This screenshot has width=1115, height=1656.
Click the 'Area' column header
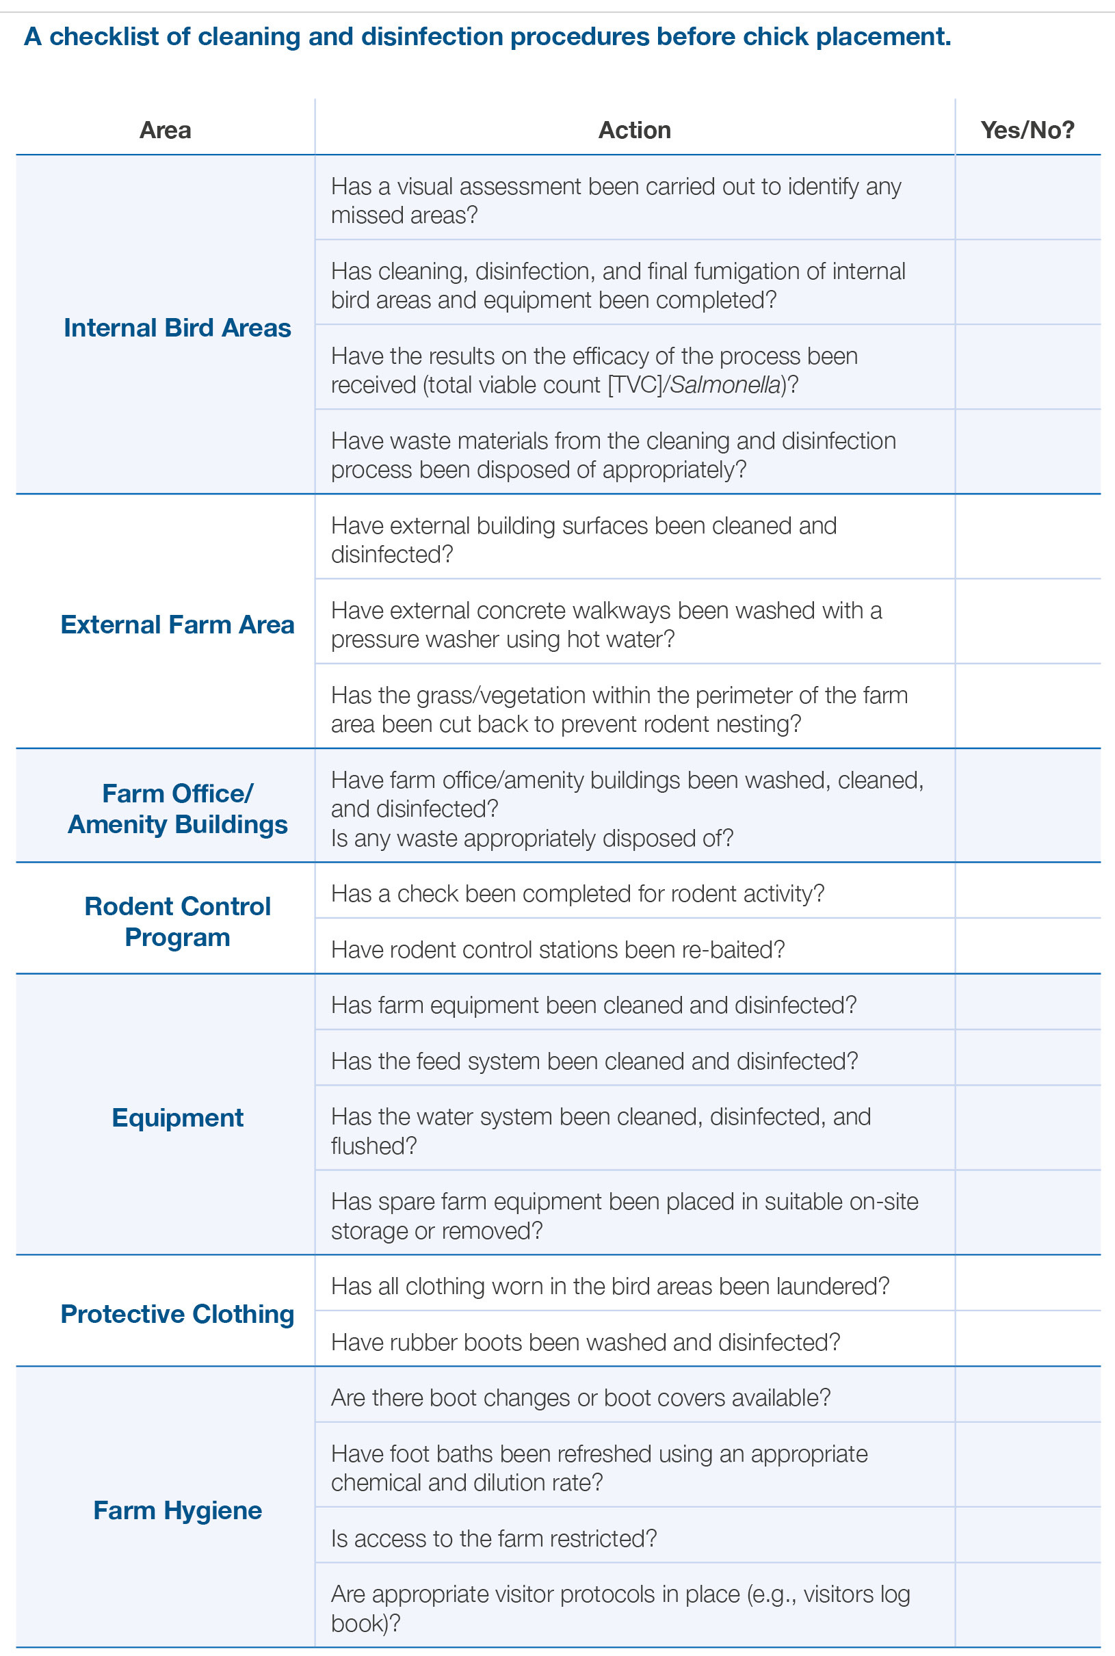(165, 130)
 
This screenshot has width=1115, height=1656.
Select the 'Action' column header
(634, 130)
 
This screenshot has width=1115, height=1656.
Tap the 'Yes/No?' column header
(1027, 130)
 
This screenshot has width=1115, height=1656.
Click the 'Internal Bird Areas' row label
(177, 328)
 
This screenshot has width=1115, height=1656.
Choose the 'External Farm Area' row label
(177, 625)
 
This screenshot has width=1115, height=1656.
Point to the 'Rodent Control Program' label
(177, 921)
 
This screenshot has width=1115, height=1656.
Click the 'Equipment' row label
(177, 1118)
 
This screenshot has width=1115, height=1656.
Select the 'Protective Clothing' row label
(177, 1314)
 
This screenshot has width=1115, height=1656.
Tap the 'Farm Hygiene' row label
(177, 1510)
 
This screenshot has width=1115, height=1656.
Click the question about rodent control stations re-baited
(557, 950)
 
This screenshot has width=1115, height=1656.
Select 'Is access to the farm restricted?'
(493, 1538)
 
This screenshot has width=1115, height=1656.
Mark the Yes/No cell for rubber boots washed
(1027, 1342)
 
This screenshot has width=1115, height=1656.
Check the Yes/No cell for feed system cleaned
(1027, 1061)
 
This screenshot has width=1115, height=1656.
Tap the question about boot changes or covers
(580, 1398)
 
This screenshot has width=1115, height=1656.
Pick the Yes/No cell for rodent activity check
(1027, 894)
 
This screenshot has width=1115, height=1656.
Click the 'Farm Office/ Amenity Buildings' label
(177, 809)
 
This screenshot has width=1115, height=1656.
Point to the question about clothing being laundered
(610, 1286)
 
